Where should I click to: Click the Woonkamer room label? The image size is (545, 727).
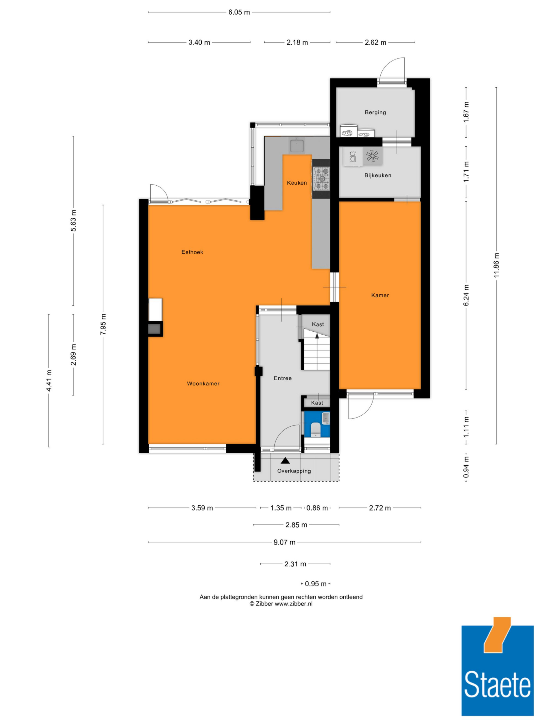point(203,384)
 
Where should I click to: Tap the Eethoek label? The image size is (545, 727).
point(192,252)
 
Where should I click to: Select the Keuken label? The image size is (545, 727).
point(297,183)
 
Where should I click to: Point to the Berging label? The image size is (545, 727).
point(375,112)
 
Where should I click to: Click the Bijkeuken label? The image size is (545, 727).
point(378,176)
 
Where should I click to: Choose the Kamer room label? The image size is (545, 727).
point(380,295)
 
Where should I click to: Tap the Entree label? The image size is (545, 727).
point(283,378)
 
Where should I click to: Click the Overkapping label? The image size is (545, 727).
point(294,471)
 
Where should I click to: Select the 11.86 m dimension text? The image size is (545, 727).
point(496,265)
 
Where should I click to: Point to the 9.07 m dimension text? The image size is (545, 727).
point(284,542)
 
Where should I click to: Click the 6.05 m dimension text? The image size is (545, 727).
point(239,13)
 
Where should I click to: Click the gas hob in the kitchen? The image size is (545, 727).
point(321,179)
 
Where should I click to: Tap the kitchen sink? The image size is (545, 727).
point(297,146)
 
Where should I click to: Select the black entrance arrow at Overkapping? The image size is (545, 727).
point(285,460)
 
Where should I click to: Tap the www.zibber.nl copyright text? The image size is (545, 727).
point(281,604)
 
